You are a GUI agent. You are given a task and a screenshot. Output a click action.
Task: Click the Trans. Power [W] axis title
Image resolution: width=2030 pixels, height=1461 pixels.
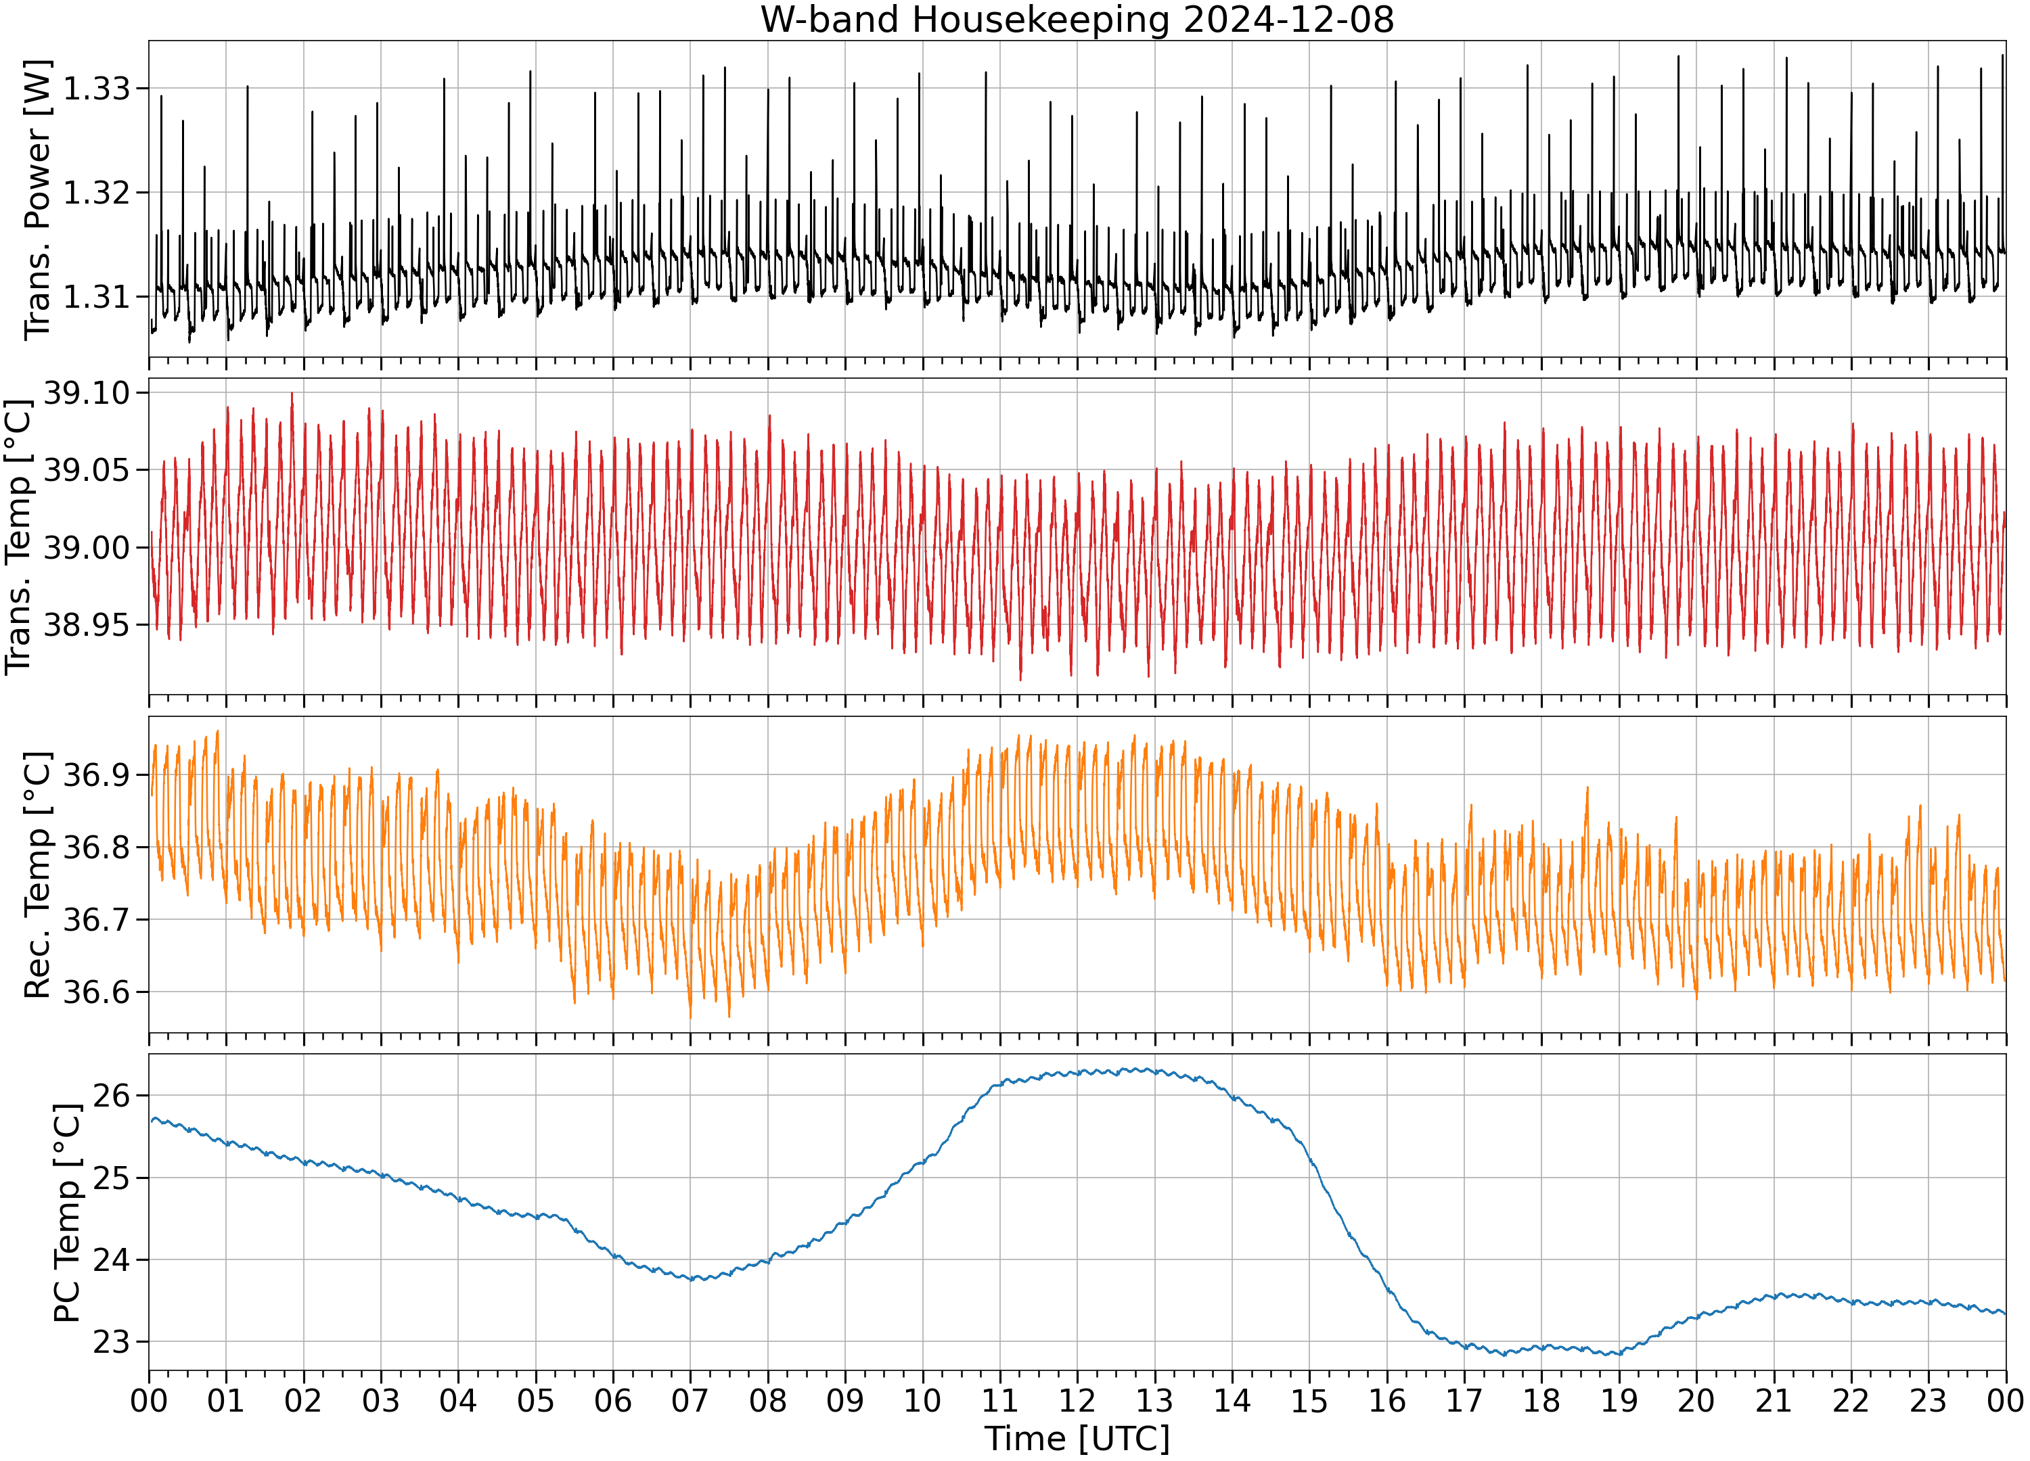pyautogui.click(x=38, y=200)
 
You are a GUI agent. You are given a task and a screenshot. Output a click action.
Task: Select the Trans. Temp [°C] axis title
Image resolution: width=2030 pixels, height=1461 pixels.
pyautogui.click(x=19, y=537)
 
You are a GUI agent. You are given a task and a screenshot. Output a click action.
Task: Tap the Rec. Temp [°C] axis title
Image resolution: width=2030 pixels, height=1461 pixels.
pyautogui.click(x=38, y=875)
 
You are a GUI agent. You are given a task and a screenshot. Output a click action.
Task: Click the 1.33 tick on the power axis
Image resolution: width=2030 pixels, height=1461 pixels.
pyautogui.click(x=97, y=89)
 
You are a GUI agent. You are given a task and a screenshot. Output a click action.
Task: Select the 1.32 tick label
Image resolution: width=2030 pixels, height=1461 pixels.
pyautogui.click(x=97, y=192)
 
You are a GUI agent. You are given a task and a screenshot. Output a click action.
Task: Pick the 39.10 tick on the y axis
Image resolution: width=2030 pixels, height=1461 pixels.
pyautogui.click(x=87, y=393)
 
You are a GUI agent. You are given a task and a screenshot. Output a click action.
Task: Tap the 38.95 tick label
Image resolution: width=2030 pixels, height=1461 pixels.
pyautogui.click(x=87, y=624)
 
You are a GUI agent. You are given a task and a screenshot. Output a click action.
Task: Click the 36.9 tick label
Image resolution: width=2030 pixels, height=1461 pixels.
pyautogui.click(x=97, y=774)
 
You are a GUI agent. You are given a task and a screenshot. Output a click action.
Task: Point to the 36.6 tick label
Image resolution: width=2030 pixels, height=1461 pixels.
pyautogui.click(x=97, y=992)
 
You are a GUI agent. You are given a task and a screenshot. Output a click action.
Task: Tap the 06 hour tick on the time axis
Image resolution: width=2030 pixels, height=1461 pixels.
pyautogui.click(x=613, y=1401)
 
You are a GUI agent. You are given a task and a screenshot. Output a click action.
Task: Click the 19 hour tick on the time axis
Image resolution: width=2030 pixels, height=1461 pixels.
pyautogui.click(x=1619, y=1401)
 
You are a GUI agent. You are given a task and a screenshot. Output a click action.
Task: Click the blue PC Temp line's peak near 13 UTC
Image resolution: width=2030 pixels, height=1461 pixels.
pyautogui.click(x=1148, y=1068)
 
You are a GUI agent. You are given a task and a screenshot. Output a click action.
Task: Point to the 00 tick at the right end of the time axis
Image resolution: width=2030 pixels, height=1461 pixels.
pyautogui.click(x=2005, y=1401)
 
